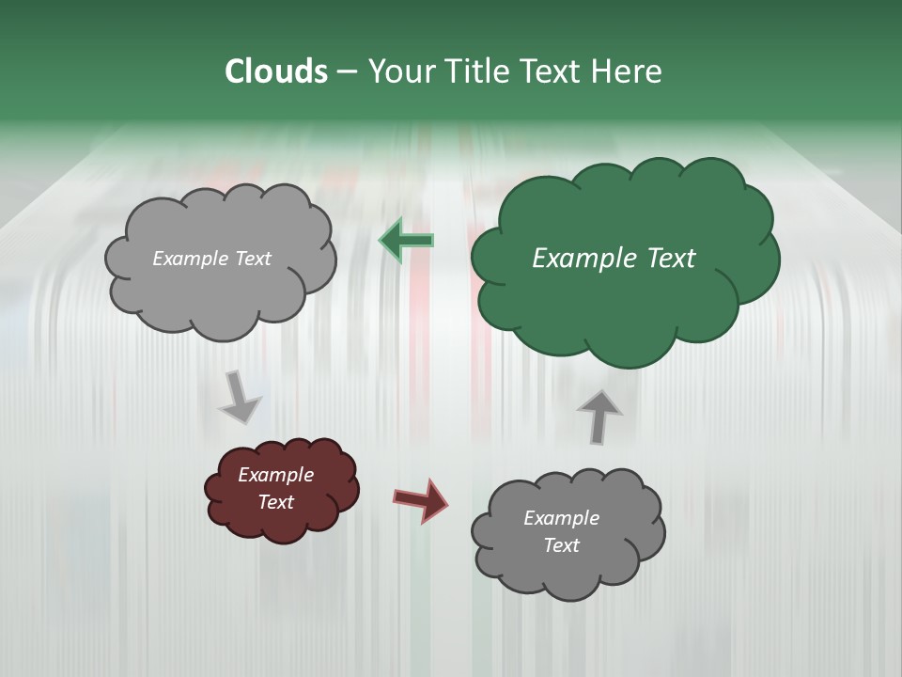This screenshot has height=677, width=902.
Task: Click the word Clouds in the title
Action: pyautogui.click(x=275, y=71)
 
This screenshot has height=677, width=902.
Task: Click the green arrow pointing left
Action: pyautogui.click(x=406, y=242)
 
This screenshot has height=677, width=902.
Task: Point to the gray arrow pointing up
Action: pyautogui.click(x=599, y=416)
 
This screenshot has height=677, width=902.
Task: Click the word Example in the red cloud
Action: pyautogui.click(x=275, y=475)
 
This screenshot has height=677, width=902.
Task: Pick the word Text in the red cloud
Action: pyautogui.click(x=275, y=502)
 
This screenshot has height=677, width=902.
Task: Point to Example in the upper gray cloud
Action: pyautogui.click(x=191, y=259)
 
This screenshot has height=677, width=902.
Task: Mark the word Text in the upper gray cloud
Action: pyautogui.click(x=252, y=259)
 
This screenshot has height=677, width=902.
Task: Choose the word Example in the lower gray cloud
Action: pyautogui.click(x=561, y=518)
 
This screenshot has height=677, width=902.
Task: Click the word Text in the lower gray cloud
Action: pyautogui.click(x=561, y=545)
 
